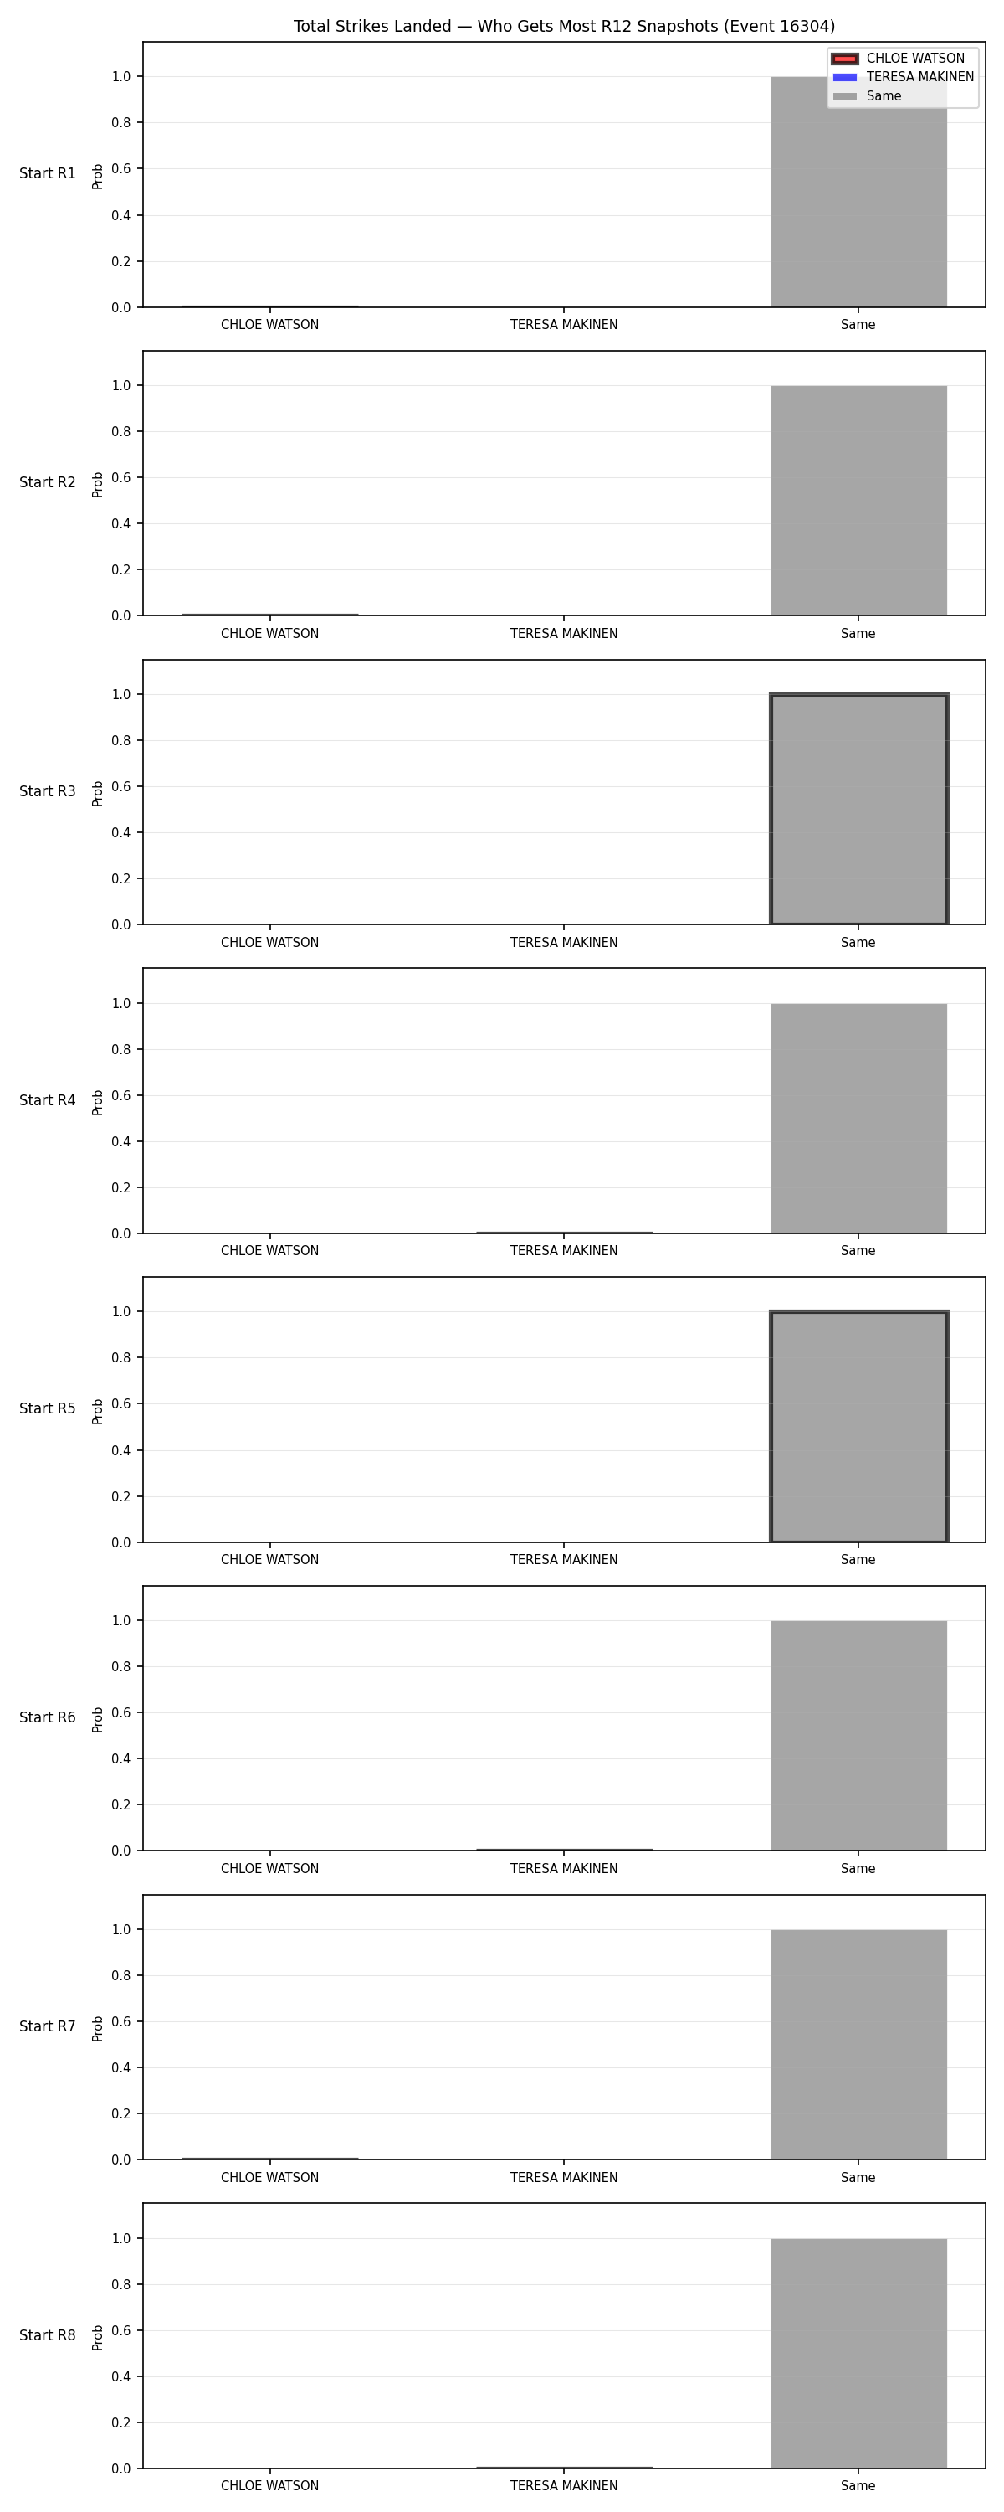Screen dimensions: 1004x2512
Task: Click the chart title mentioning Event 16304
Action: coord(565,26)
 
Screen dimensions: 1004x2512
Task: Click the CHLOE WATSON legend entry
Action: coord(898,59)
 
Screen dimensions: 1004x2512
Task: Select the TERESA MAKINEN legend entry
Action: coord(903,77)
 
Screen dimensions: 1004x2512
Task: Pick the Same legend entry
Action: coord(867,96)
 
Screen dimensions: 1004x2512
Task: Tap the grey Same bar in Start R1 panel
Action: coord(858,192)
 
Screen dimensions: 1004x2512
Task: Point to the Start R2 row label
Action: coord(48,482)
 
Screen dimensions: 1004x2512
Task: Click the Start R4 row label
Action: coord(48,1100)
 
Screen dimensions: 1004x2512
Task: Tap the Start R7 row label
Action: coord(48,2026)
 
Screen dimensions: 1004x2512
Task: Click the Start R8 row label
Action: coord(48,2335)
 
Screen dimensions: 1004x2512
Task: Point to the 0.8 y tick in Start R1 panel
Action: coord(120,123)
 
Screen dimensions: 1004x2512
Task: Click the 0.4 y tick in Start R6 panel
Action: coord(120,1759)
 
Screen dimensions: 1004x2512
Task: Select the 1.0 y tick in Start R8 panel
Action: coord(120,2239)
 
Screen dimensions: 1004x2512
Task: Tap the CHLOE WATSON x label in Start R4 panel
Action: coord(270,1251)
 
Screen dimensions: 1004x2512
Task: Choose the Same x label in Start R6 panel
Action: coord(858,1868)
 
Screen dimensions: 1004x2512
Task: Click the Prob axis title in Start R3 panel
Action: coord(98,794)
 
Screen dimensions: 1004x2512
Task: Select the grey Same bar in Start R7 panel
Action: coord(858,2045)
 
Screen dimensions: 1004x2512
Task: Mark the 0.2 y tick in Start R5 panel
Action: coord(120,1497)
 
